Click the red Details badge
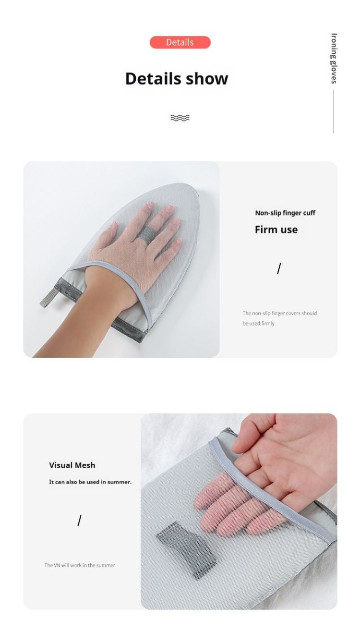click(180, 42)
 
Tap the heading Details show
click(177, 78)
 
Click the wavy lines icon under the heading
click(180, 118)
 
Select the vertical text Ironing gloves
click(334, 58)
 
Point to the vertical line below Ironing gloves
click(334, 111)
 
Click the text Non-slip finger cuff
click(285, 213)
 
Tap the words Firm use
click(276, 230)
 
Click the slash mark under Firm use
click(279, 268)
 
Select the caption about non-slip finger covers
click(280, 318)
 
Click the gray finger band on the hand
click(146, 233)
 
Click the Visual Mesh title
click(72, 465)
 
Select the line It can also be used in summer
click(90, 482)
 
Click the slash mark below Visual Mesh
click(79, 521)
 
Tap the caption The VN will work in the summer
click(80, 565)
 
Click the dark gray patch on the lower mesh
click(186, 550)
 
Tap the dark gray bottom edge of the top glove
click(126, 330)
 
